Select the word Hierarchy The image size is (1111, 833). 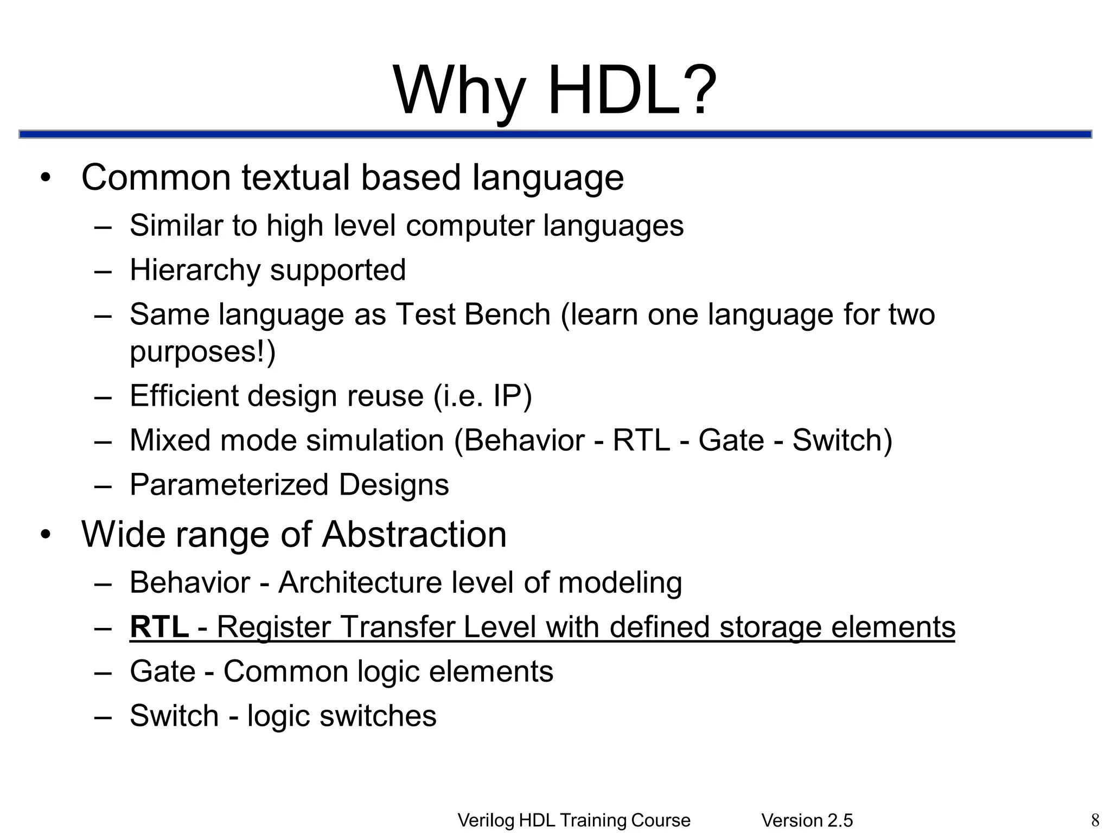click(194, 270)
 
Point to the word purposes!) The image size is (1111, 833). click(202, 351)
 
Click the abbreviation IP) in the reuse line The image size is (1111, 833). click(512, 396)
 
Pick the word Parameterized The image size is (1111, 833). click(228, 484)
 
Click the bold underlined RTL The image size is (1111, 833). click(159, 627)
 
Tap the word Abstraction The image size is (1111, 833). click(414, 535)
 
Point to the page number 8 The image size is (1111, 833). click(1095, 820)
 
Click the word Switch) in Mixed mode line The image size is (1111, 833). click(842, 440)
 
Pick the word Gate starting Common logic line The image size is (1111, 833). click(162, 671)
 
